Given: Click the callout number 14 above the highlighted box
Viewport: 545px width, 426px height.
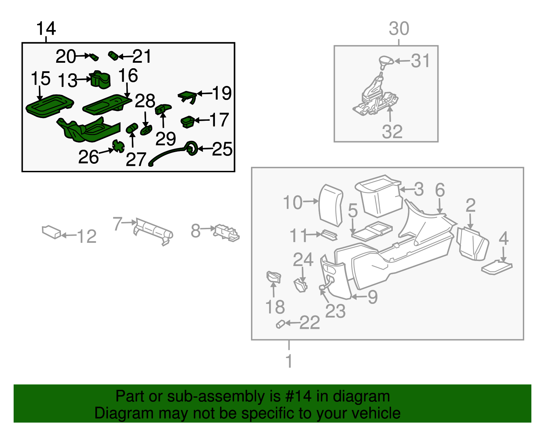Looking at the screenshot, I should (46, 28).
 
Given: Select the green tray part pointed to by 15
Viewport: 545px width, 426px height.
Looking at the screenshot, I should (50, 105).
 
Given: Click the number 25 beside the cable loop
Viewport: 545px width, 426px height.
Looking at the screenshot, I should (222, 149).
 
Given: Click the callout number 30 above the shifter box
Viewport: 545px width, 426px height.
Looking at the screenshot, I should (399, 29).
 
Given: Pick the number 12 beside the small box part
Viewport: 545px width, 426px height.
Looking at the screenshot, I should (87, 236).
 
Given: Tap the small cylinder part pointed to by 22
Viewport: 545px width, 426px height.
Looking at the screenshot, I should (280, 324).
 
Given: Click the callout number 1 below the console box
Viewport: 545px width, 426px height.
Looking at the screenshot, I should (289, 361).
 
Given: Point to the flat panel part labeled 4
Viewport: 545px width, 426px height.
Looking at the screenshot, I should (497, 267).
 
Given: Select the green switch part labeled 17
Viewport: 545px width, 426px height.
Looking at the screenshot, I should (188, 121).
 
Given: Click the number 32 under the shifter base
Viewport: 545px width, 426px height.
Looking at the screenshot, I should (392, 132).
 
